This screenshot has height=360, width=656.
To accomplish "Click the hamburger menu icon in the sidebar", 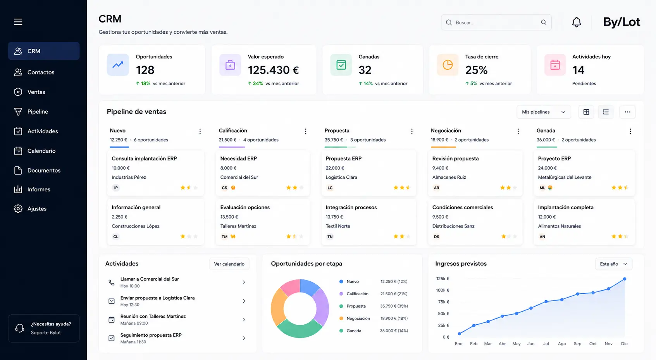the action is click(18, 22).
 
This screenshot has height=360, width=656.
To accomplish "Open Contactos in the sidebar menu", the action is click(41, 72).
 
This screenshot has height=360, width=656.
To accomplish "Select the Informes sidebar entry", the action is click(39, 189).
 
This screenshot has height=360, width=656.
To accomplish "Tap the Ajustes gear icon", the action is click(18, 208).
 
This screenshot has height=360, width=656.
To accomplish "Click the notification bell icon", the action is click(576, 22).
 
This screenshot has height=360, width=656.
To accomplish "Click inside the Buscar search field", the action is click(496, 22).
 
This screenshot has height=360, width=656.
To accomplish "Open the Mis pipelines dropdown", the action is click(544, 112).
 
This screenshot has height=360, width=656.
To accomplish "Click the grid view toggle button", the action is click(586, 112).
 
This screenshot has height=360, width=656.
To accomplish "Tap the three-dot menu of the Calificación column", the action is click(305, 131).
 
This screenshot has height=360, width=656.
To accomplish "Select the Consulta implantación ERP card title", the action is click(144, 158).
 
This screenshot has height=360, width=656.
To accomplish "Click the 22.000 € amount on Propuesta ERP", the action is click(335, 168).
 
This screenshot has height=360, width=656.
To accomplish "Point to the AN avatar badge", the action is click(542, 236).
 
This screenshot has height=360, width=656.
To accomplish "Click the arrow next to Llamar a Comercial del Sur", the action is click(244, 282).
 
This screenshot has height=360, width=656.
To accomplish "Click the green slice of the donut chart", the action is click(300, 329).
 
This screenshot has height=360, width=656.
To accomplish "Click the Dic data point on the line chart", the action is click(624, 279).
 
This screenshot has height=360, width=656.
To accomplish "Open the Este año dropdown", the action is click(613, 264).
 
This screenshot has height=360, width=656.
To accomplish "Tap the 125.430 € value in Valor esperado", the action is click(273, 70).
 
